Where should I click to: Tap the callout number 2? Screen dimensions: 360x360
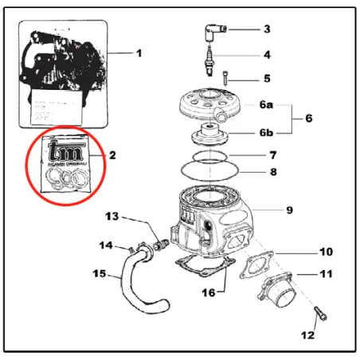(x=112, y=155)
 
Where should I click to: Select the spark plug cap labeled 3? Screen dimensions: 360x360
(x=214, y=32)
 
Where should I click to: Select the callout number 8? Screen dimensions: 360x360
(x=272, y=170)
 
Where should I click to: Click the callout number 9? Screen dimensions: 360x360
(x=290, y=210)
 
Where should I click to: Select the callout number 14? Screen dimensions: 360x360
(x=106, y=245)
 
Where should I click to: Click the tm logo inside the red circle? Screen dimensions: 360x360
(x=63, y=151)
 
